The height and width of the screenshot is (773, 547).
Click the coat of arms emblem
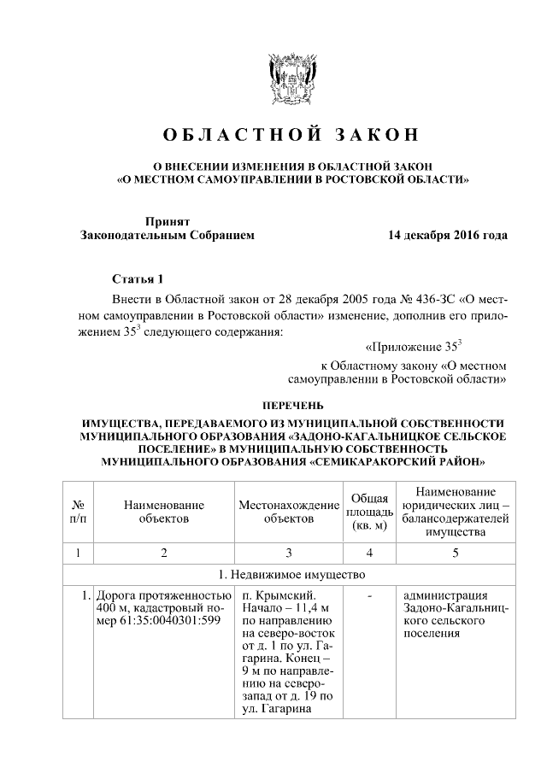click(x=292, y=79)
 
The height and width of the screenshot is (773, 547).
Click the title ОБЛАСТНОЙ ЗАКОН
click(x=292, y=136)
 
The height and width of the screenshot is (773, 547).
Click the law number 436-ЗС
click(x=435, y=300)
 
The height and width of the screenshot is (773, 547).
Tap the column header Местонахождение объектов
click(x=289, y=512)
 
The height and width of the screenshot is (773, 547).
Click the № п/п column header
click(x=77, y=512)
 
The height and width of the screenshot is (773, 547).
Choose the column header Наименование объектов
click(x=162, y=512)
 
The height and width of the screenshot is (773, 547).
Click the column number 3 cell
click(x=289, y=552)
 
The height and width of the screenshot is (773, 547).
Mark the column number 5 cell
click(x=455, y=552)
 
